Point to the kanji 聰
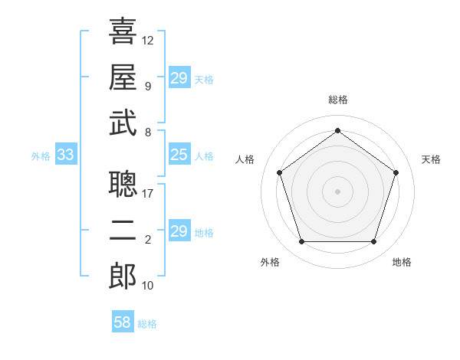[123, 185]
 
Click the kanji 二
[123, 231]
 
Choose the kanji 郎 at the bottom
[123, 277]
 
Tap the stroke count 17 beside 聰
[148, 194]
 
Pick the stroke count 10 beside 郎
[148, 286]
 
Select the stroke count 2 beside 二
[148, 240]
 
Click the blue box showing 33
[65, 155]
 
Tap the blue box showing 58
[123, 322]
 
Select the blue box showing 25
[179, 155]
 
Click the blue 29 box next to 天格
[179, 78]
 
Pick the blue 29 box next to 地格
[179, 231]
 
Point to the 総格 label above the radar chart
[338, 100]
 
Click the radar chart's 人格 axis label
[245, 159]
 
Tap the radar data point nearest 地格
[373, 242]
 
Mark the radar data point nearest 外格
[301, 242]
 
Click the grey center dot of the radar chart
[337, 191]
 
